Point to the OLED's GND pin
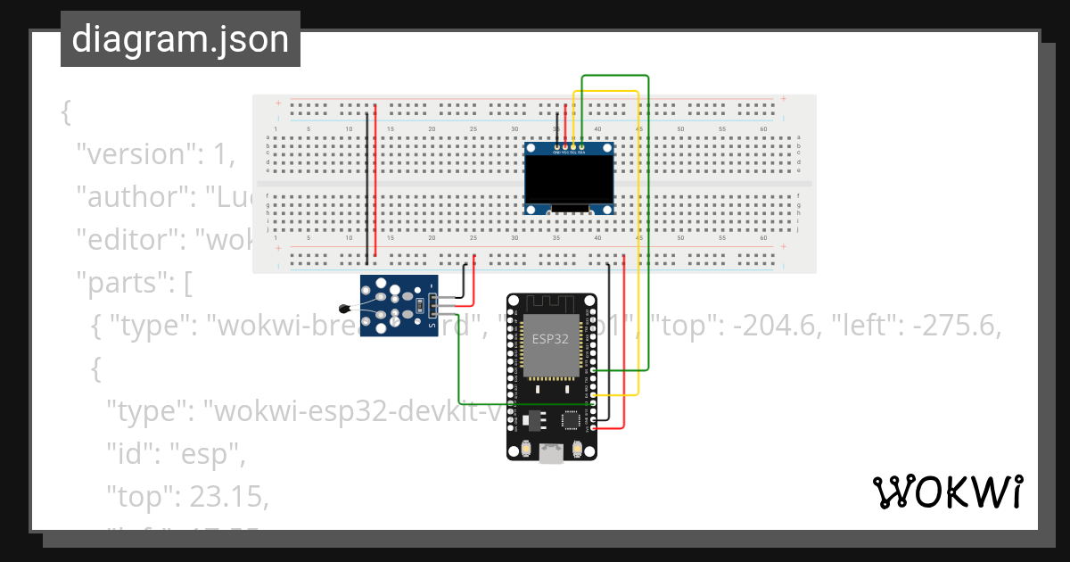point(557,146)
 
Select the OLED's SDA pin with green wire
point(582,146)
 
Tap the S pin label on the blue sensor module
point(433,325)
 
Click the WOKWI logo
point(947,492)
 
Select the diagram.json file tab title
point(180,39)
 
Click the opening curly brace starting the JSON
point(65,113)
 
